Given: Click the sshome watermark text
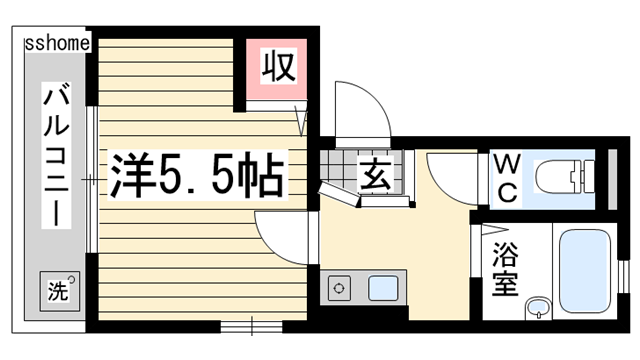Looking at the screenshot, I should coord(58,43).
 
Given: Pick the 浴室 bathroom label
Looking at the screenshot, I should coord(503,268).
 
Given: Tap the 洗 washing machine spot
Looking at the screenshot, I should coord(57,292).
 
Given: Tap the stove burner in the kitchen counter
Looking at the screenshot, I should coord(339,289).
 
